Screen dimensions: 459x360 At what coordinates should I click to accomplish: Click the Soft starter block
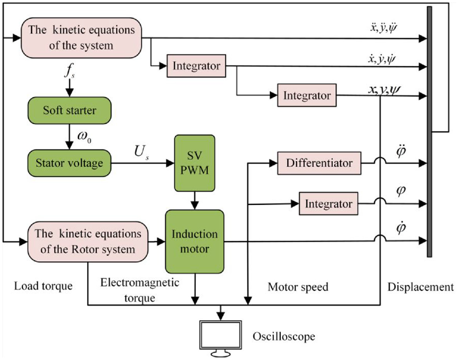pos(69,111)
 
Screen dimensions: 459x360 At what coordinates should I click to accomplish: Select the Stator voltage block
pos(69,163)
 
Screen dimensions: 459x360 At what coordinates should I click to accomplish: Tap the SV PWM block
pos(195,163)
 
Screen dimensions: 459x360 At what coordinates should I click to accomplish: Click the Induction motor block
pos(195,242)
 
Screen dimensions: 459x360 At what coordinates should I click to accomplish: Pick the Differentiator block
pos(319,163)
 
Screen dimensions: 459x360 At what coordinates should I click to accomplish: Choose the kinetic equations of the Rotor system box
pos(88,242)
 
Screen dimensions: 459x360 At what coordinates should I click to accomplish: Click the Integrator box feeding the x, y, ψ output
pos(307,95)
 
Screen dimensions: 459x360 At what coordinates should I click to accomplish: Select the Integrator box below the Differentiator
pos(328,204)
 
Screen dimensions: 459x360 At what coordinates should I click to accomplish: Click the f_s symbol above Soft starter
pos(69,71)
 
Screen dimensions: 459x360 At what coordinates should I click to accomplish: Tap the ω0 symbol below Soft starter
pos(84,137)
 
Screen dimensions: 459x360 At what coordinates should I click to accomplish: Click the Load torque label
pos(43,286)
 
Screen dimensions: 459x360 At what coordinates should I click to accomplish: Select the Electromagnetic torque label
pos(139,290)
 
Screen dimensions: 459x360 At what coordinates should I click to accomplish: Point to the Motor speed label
pos(298,287)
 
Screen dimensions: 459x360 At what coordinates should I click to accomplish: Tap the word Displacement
pos(421,287)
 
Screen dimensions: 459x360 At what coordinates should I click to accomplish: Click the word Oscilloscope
pos(284,336)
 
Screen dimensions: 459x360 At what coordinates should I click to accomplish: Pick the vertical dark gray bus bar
pos(430,132)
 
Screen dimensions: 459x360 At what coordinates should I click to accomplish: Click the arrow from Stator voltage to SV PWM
pos(143,163)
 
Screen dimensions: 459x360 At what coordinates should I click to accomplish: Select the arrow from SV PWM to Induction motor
pos(195,201)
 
